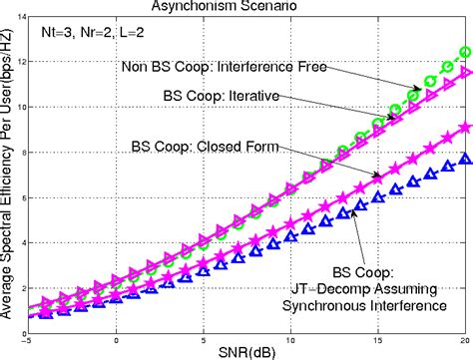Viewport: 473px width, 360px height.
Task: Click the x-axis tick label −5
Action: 31,337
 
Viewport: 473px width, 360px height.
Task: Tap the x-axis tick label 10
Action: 290,337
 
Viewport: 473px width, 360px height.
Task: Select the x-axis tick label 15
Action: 377,337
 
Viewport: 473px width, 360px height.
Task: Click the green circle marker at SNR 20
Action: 464,52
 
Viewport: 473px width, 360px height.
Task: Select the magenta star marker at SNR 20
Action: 464,127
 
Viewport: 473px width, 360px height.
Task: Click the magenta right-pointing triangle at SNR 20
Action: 464,72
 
